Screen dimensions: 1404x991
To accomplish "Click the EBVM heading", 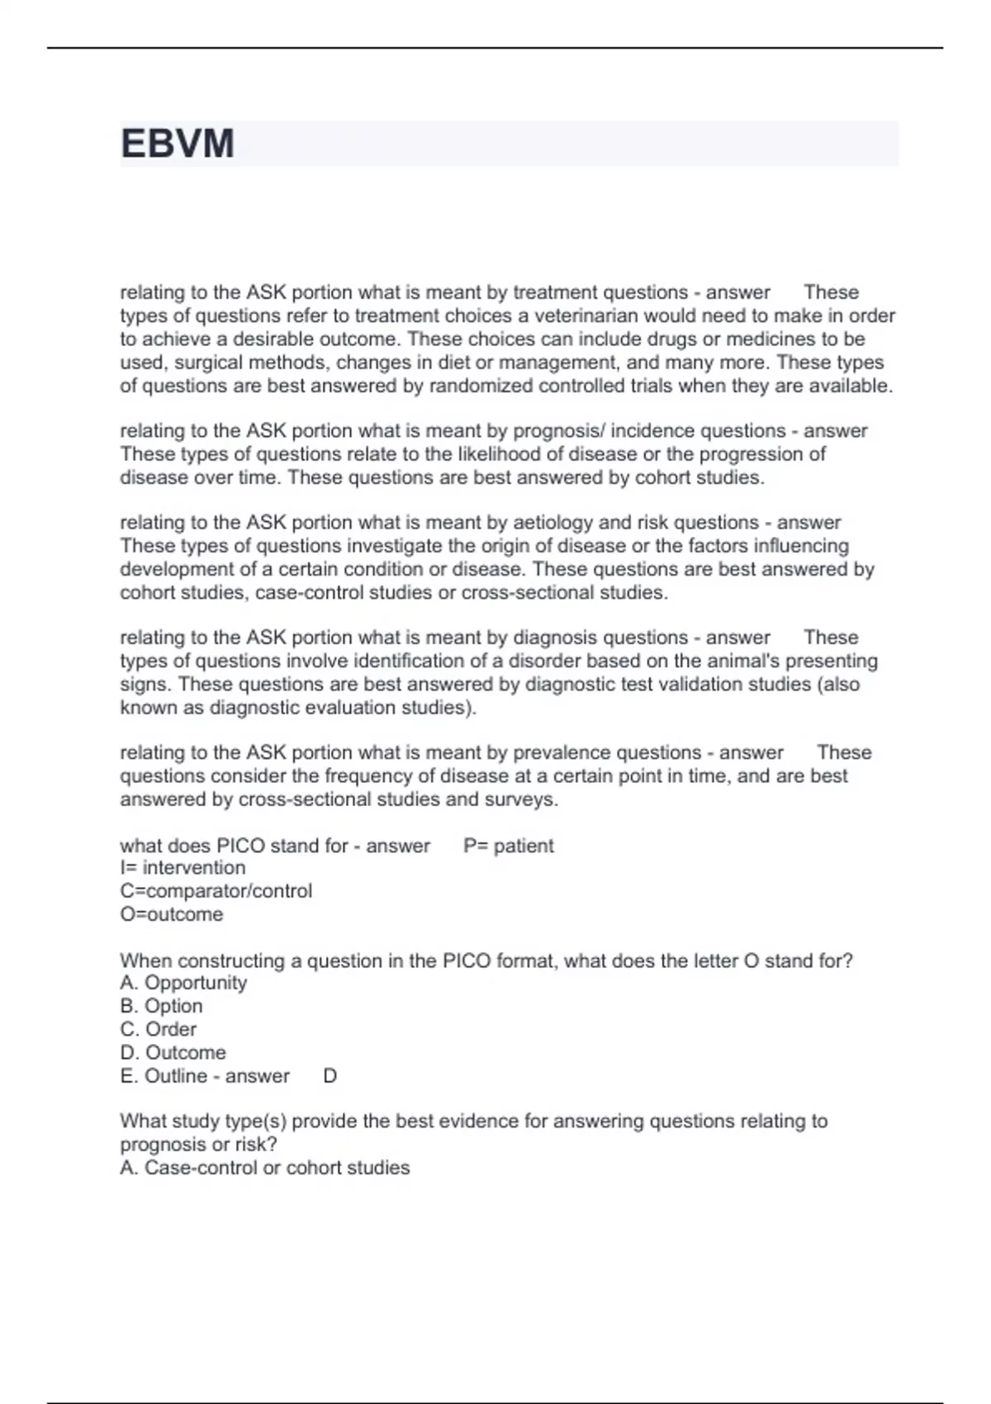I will [x=178, y=144].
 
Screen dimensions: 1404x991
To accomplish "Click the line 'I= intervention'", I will [x=183, y=867].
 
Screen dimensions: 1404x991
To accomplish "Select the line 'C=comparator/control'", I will [x=216, y=891].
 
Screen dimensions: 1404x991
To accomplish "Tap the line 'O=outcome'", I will [x=171, y=914].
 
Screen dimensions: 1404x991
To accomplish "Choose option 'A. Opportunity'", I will [x=183, y=983].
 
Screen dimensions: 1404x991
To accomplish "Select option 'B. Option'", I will [x=161, y=1006].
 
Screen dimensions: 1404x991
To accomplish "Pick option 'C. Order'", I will [x=159, y=1029].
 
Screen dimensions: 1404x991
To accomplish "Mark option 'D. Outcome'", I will [x=173, y=1052].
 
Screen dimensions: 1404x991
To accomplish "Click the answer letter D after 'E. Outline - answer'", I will [x=330, y=1076].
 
